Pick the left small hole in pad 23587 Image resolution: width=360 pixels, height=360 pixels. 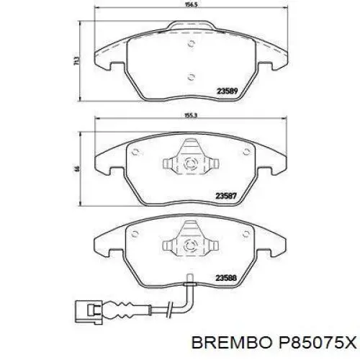click(x=135, y=151)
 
